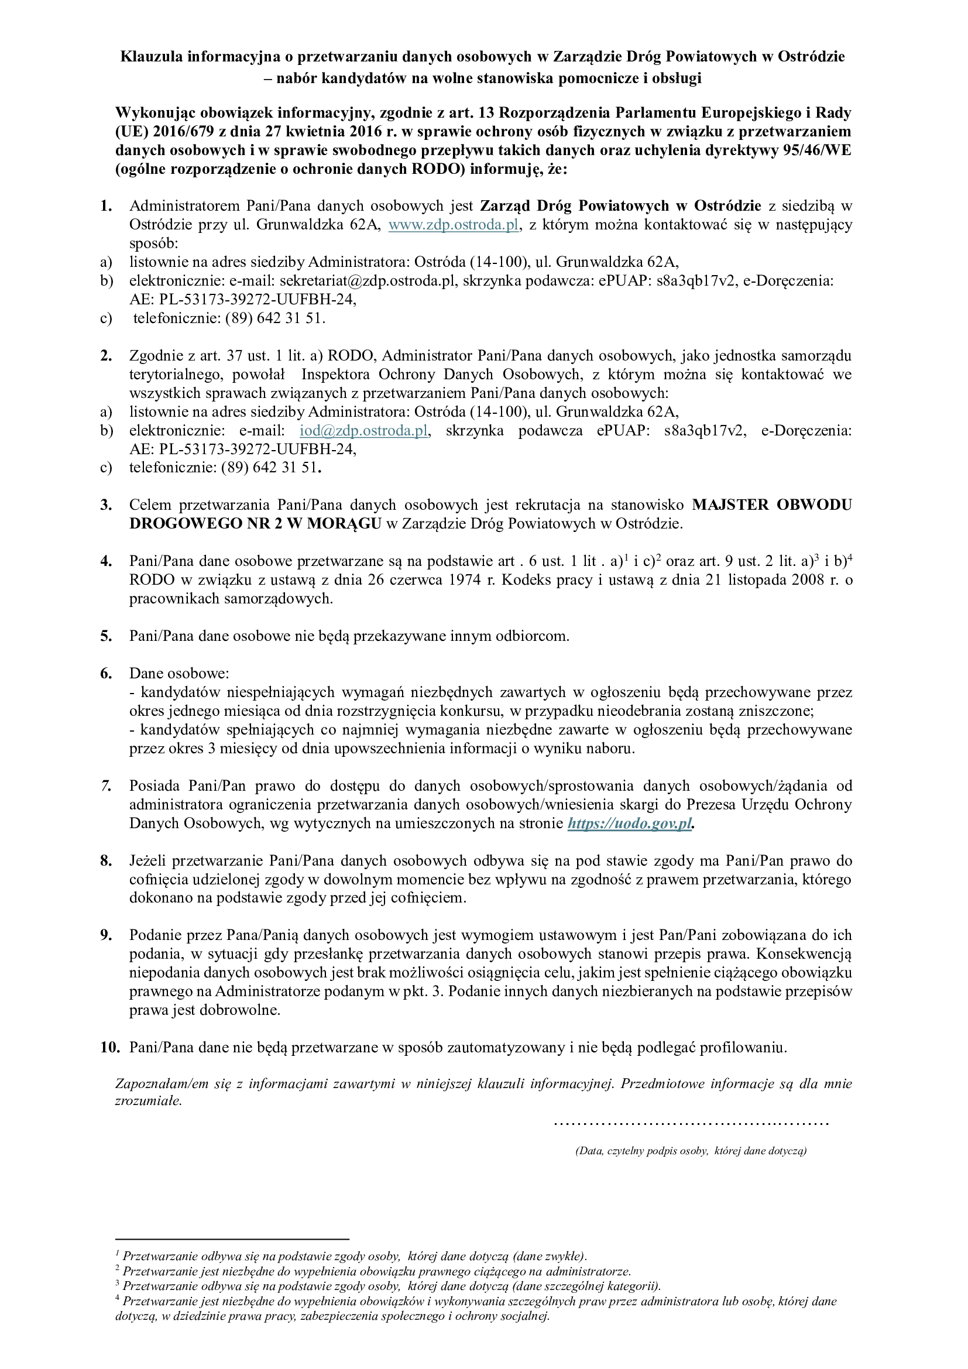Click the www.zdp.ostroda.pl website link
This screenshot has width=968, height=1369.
pyautogui.click(x=453, y=225)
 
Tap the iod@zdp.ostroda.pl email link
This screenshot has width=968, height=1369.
pyautogui.click(x=363, y=431)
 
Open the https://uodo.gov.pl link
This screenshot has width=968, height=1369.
pyautogui.click(x=630, y=824)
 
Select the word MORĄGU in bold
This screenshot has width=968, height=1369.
pyautogui.click(x=344, y=523)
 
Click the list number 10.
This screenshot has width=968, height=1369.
pyautogui.click(x=109, y=1048)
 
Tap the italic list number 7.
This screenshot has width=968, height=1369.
pyautogui.click(x=106, y=786)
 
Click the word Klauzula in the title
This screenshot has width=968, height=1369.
pyautogui.click(x=152, y=57)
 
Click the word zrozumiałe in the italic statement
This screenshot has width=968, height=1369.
pyautogui.click(x=148, y=1102)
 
